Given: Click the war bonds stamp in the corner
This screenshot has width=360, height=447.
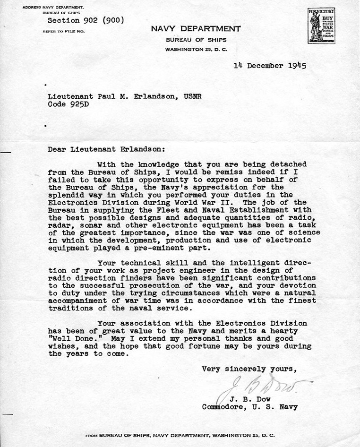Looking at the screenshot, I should point(321,26).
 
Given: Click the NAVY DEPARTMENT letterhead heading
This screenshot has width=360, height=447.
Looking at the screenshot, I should point(196,29).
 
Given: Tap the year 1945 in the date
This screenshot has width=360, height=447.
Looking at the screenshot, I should point(297,66).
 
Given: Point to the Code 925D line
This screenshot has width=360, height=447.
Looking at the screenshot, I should point(68,104).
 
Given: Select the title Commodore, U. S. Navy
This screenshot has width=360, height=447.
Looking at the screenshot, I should point(250,406).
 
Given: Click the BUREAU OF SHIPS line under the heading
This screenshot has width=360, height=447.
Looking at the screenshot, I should point(196,40).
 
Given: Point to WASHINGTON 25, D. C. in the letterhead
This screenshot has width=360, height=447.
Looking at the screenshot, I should point(196,50).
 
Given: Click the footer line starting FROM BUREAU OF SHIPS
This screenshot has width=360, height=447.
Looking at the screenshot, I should point(180,434).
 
